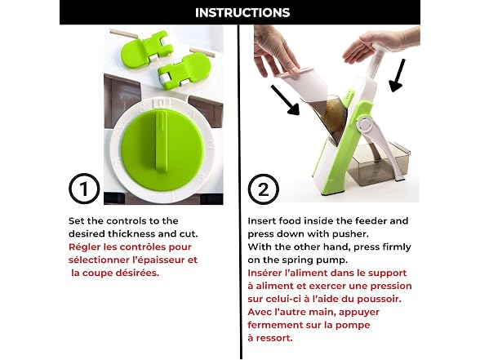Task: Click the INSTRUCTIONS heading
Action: coord(242,12)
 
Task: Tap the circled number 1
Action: coord(84,189)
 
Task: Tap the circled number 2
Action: coord(263,189)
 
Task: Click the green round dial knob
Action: coord(162,150)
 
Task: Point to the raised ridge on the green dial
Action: coord(162,140)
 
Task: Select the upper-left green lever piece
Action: coord(145,49)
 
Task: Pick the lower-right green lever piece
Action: coord(184,71)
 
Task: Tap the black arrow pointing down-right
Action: coord(285,100)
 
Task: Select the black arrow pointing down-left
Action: coord(397,75)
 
